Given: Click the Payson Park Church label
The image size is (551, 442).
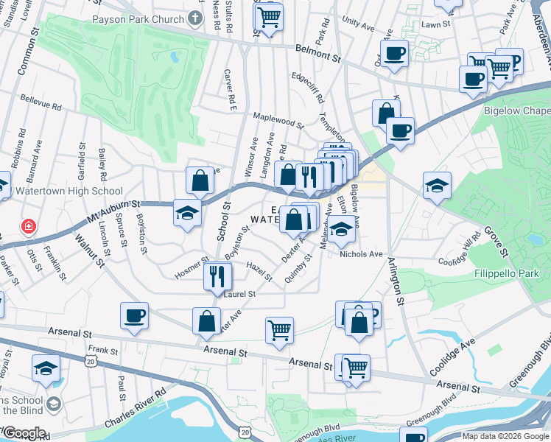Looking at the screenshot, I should pos(138,18).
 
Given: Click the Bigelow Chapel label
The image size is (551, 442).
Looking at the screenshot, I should pos(516,111).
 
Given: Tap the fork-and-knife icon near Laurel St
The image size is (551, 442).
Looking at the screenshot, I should pos(217,276).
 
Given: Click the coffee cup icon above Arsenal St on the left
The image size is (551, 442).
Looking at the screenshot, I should pos(135,316).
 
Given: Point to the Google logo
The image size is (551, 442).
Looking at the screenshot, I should pos(24,433).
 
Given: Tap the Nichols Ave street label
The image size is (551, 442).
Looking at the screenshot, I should pos(361,254).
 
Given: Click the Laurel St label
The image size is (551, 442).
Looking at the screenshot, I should pos(240,293).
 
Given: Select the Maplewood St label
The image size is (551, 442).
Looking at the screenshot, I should pos(278,120).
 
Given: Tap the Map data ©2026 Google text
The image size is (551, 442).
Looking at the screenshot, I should pos(505,436).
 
